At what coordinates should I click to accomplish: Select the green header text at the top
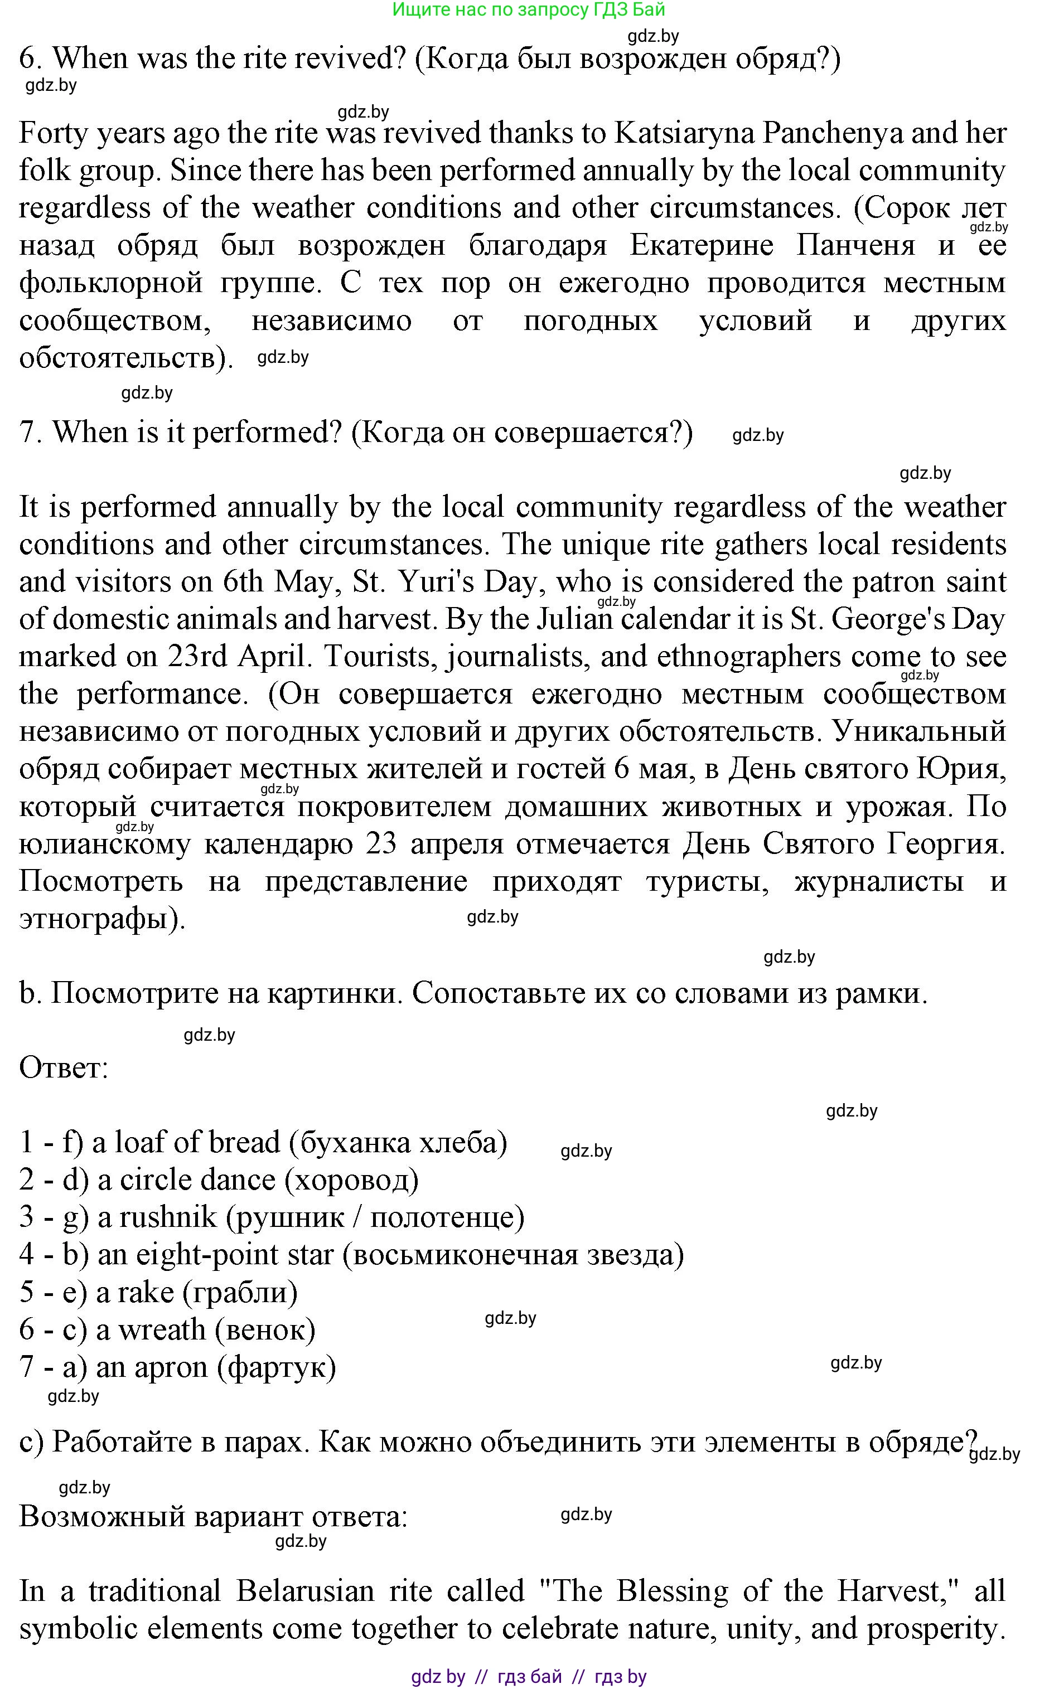(529, 10)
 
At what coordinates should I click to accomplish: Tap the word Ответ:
(64, 1068)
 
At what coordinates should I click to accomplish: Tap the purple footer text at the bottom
(529, 1676)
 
